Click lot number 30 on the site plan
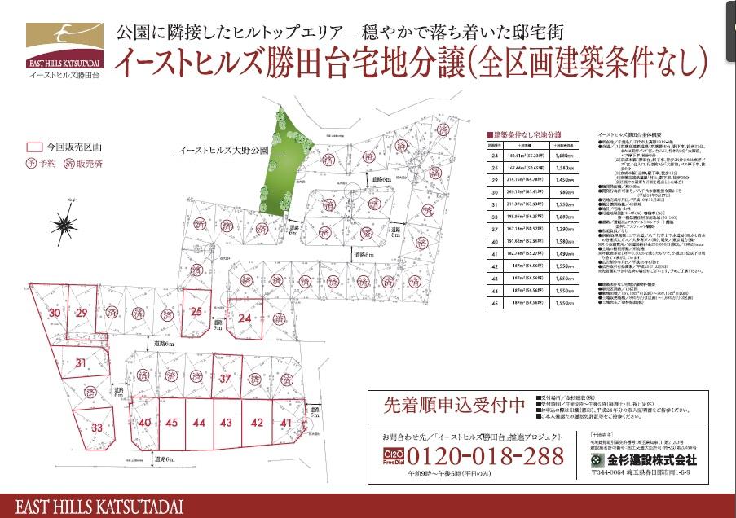coord(55,313)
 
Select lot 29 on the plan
coord(82,313)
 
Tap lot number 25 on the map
coord(196,311)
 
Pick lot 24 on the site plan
coord(245,319)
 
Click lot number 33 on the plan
coord(97,427)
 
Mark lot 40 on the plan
coord(145,423)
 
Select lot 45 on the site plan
coord(171,423)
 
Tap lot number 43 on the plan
coord(226,423)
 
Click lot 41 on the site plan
coord(285,423)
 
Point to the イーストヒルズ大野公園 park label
coord(214,151)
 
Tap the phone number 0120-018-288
coord(485,455)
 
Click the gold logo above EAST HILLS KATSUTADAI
coord(64,37)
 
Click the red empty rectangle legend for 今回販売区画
coord(34,148)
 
